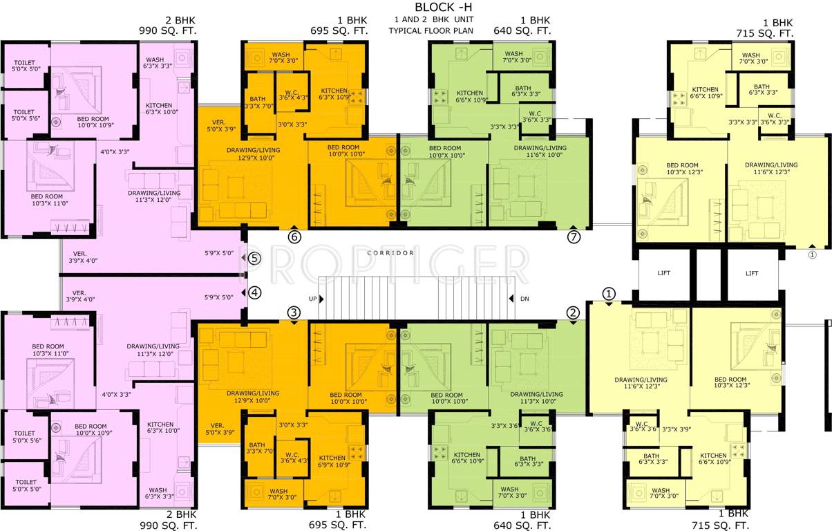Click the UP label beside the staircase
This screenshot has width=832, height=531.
[312, 299]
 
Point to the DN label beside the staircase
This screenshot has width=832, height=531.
[524, 299]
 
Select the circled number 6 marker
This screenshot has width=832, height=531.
[295, 236]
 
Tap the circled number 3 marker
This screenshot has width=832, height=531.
[294, 313]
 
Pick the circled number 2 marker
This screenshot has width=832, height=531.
[573, 313]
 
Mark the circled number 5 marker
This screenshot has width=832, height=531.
[254, 259]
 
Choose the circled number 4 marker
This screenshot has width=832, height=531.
[255, 292]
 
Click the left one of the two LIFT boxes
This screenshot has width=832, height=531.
[664, 274]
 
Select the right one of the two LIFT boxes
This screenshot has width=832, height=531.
[752, 274]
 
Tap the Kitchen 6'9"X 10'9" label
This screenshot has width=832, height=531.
[332, 461]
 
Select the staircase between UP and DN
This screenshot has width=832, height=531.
[417, 299]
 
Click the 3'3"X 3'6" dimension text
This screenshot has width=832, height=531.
[504, 426]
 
